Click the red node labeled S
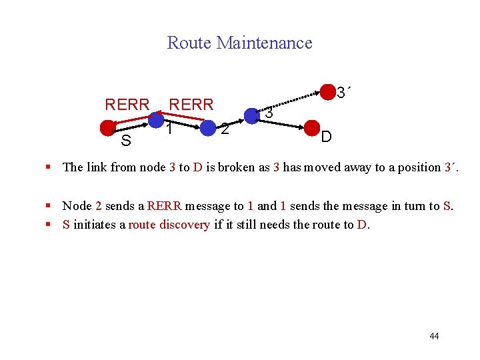(x=107, y=127)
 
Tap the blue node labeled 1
(x=156, y=120)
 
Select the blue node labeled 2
(x=208, y=127)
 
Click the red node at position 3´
(x=328, y=91)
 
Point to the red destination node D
(x=312, y=127)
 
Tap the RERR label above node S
(x=127, y=105)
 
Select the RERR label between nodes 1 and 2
(x=191, y=105)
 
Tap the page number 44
(x=434, y=336)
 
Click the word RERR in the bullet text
(x=164, y=206)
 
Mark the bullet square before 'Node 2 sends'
(x=50, y=207)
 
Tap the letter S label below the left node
(x=125, y=141)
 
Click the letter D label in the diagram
(x=326, y=138)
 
